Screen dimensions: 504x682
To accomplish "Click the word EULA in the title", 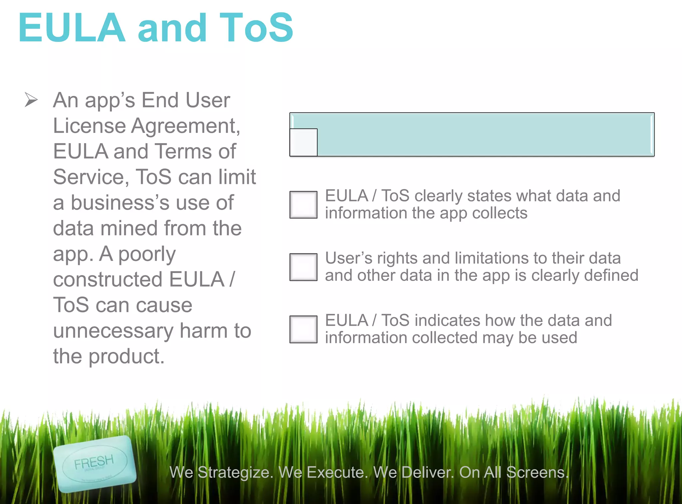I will [72, 28].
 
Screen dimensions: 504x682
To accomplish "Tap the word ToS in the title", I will [256, 28].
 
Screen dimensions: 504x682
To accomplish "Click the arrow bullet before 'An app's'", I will [31, 100].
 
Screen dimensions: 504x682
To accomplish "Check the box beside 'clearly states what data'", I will [303, 205].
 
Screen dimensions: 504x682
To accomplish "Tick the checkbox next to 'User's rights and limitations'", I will [303, 267].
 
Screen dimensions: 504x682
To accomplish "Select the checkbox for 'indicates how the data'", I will [303, 329].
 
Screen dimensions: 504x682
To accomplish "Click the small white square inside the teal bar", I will [303, 142].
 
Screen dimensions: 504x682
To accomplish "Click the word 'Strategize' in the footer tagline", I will [235, 472].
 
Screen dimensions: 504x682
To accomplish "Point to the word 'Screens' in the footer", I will [537, 472].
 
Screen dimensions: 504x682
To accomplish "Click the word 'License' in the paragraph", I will [89, 126].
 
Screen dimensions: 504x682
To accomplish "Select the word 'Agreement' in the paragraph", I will [185, 126].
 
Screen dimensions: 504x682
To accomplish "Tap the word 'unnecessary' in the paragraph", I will [113, 331].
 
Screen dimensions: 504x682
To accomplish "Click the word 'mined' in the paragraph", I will [129, 228].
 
